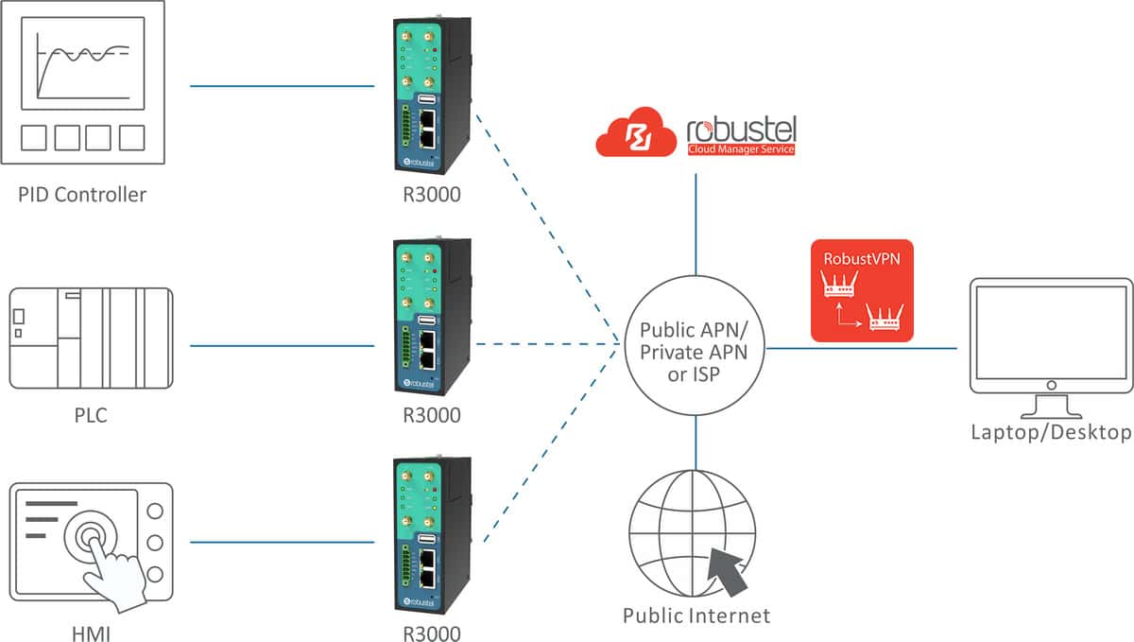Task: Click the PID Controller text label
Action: click(82, 196)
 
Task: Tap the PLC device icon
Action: click(91, 338)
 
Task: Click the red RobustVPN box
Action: click(862, 290)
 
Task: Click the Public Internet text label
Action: click(696, 616)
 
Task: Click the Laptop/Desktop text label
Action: click(1051, 432)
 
